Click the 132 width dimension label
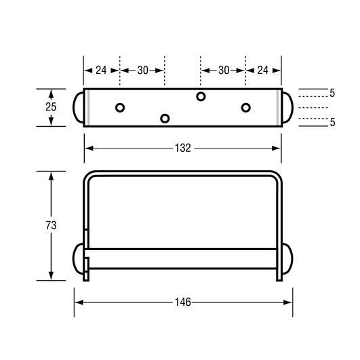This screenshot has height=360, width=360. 183,148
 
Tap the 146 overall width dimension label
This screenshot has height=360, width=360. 183,302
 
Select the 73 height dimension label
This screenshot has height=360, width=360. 51,225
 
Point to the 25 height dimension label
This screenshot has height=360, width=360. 51,106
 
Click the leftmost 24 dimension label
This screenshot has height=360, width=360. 101,71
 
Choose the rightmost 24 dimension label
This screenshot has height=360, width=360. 262,71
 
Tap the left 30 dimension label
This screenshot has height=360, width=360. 143,71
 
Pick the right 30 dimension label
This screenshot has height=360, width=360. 224,71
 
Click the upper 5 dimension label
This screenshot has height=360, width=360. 332,93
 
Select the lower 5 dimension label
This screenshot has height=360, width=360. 332,122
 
